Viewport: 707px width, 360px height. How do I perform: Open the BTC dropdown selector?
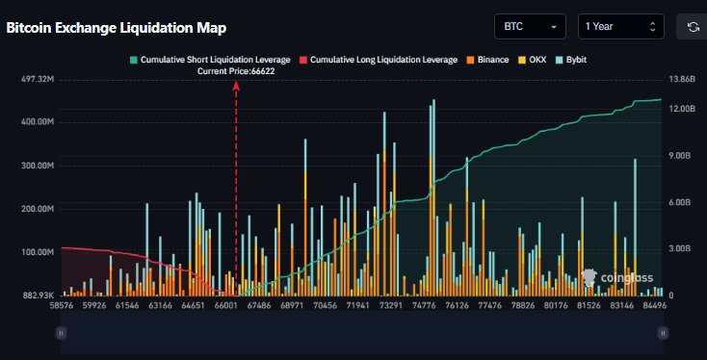pyautogui.click(x=531, y=27)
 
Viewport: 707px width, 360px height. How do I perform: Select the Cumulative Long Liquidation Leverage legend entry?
pyautogui.click(x=380, y=60)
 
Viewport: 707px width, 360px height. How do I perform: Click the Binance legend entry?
pyautogui.click(x=489, y=60)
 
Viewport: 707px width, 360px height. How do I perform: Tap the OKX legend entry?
pyautogui.click(x=533, y=60)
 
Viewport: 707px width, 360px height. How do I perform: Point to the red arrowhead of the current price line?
pyautogui.click(x=236, y=85)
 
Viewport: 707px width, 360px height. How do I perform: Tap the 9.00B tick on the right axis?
pyautogui.click(x=680, y=155)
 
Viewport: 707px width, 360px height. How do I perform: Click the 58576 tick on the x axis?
pyautogui.click(x=62, y=304)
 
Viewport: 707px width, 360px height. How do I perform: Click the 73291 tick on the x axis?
pyautogui.click(x=391, y=304)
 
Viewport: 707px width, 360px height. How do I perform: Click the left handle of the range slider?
pyautogui.click(x=61, y=332)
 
